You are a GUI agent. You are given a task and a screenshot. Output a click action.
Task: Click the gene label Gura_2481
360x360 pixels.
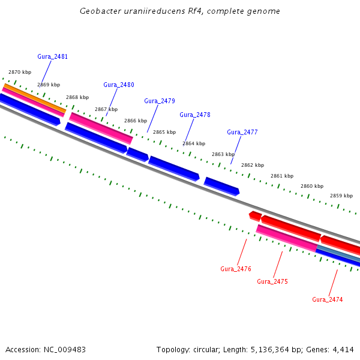coord(52,56)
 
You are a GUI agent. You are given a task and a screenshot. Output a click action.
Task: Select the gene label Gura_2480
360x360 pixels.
coord(119,85)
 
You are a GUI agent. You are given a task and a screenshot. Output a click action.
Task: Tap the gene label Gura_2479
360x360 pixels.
coord(160,101)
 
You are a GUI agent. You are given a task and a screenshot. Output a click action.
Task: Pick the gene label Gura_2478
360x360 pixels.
coord(195,115)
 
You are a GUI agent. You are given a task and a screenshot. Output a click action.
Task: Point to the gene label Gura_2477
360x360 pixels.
coord(242,132)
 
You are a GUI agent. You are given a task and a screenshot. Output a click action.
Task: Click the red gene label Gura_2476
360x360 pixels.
coord(236,269)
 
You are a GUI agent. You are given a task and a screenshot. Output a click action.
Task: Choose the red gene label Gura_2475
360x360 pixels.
coord(272,281)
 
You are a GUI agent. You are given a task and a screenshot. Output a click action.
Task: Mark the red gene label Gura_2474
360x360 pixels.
coord(328,299)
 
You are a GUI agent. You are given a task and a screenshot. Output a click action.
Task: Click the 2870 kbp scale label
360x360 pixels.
coord(20,72)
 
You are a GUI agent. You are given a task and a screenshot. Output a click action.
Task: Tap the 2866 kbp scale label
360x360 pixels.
coord(136,121)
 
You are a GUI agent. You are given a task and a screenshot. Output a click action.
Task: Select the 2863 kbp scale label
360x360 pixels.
coord(223,154)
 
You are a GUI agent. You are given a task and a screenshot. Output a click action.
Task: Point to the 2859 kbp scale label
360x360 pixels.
coord(341,196)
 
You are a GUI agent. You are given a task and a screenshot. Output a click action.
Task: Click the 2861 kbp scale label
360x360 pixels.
coord(282,176)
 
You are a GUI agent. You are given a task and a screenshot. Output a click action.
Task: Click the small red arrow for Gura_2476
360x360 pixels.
coord(255,215)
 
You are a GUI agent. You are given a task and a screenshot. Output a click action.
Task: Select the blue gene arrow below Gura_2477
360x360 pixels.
coord(221,186)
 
